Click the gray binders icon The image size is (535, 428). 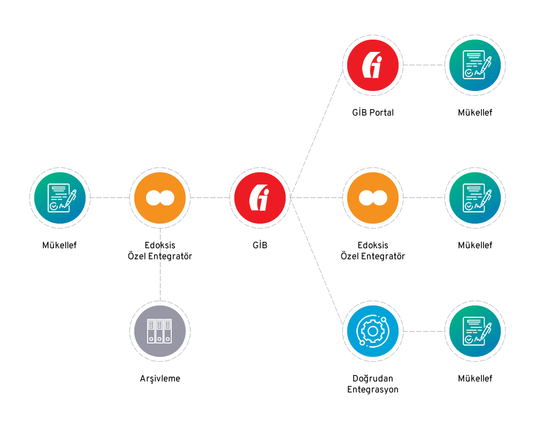click(x=159, y=331)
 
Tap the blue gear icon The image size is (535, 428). click(x=372, y=331)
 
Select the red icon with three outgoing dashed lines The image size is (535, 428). click(x=260, y=197)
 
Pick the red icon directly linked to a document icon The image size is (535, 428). click(x=372, y=65)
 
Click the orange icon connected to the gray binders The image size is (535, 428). click(x=159, y=197)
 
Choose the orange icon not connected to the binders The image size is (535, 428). click(x=372, y=197)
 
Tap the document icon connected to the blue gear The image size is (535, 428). click(x=475, y=331)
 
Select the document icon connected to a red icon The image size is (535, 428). click(x=475, y=65)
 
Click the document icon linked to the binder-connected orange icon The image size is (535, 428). click(x=59, y=197)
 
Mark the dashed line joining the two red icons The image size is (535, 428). click(x=317, y=131)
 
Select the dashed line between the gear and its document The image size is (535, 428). click(x=424, y=331)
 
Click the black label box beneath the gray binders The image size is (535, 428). click(x=159, y=379)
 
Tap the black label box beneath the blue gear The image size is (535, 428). click(x=372, y=384)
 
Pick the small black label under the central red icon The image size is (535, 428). click(x=260, y=246)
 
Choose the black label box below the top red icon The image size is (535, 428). click(x=372, y=113)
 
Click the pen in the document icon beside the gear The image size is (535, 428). click(x=485, y=325)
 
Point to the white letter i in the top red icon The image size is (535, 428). click(x=377, y=66)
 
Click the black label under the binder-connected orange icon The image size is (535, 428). click(x=159, y=251)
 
